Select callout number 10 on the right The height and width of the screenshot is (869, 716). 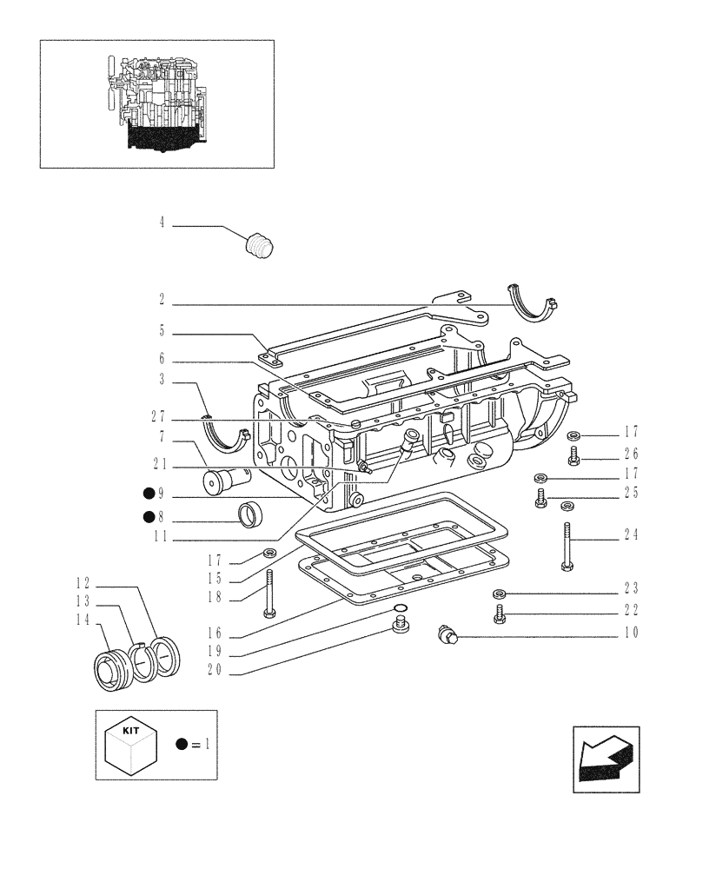(632, 633)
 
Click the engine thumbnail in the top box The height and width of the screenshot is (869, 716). (156, 103)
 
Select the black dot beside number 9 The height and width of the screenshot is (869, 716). (149, 494)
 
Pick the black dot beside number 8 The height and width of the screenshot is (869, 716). (149, 519)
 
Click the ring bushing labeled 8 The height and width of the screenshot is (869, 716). (251, 515)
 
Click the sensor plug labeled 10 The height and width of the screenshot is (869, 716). (448, 637)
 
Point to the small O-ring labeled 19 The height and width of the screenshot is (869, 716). (399, 607)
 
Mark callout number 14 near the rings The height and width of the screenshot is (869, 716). (83, 619)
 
